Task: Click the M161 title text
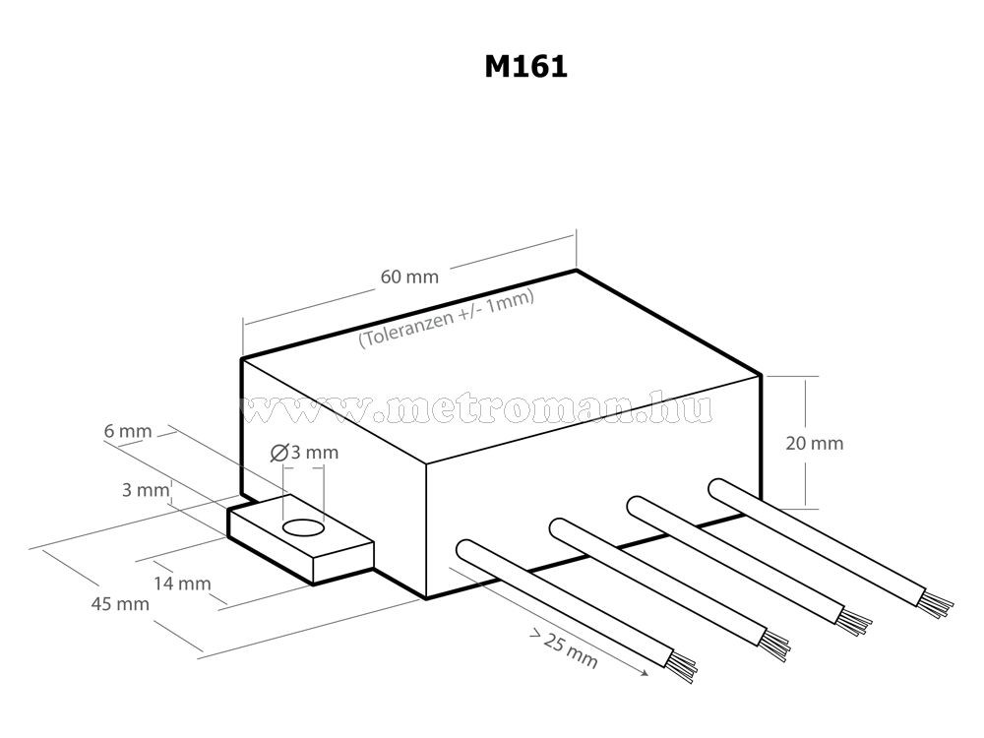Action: click(525, 67)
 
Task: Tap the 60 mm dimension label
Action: click(408, 277)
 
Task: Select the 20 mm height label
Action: click(815, 443)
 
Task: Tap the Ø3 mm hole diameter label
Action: click(302, 453)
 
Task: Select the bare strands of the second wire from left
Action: click(777, 641)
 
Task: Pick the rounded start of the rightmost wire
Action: click(716, 489)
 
